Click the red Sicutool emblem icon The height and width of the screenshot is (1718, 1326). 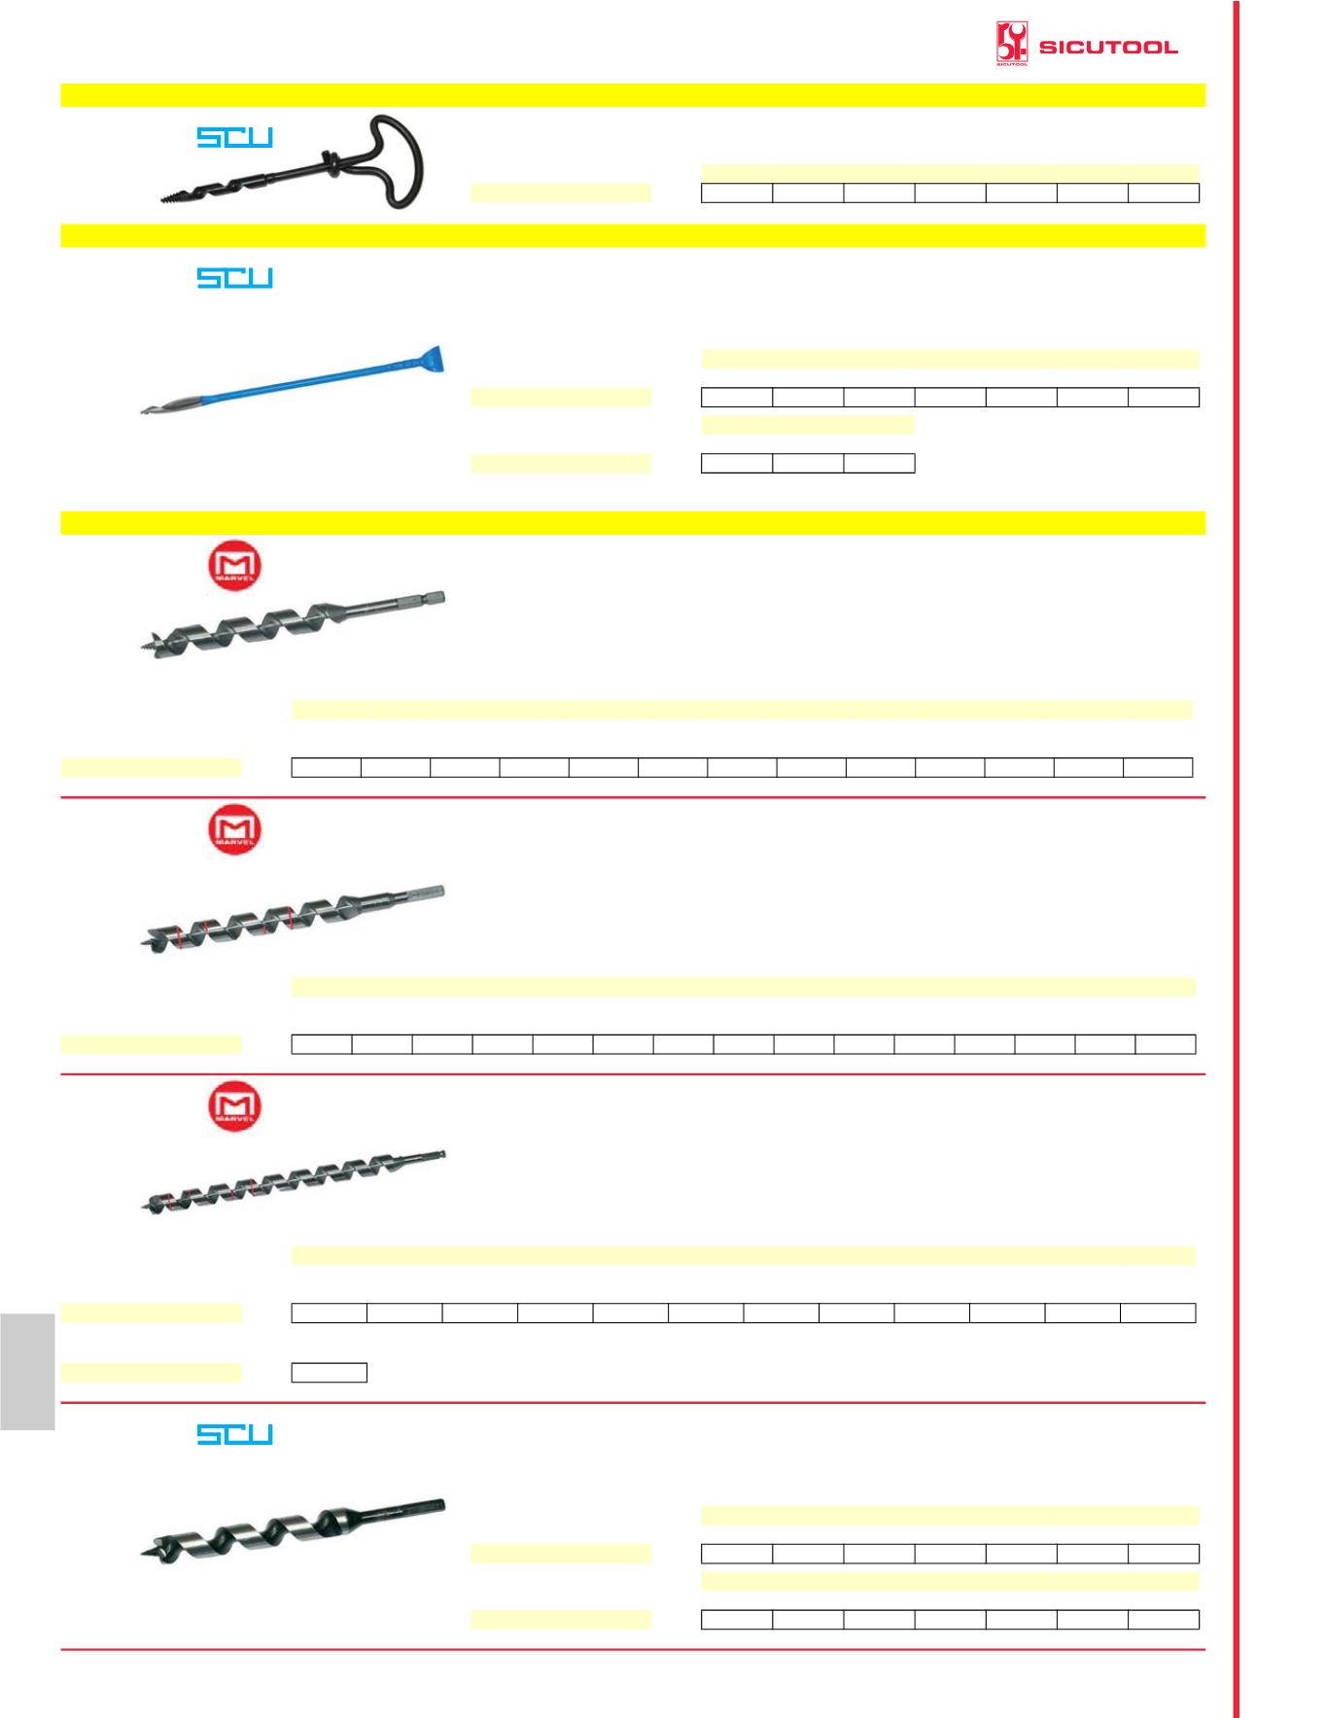coord(1012,45)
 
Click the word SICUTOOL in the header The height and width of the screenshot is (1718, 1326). coord(1108,47)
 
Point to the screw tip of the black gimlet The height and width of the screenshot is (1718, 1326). coord(175,198)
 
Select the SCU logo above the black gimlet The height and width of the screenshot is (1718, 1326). coord(235,137)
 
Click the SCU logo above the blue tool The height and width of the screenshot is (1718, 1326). coord(235,278)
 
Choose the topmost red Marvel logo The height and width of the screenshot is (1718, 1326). coord(234,566)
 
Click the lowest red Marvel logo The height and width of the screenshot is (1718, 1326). coord(234,1106)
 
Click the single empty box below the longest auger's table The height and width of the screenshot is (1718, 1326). coord(330,1372)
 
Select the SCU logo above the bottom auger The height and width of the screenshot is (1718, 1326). coord(235,1434)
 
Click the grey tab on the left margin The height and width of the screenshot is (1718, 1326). coord(27,1371)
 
